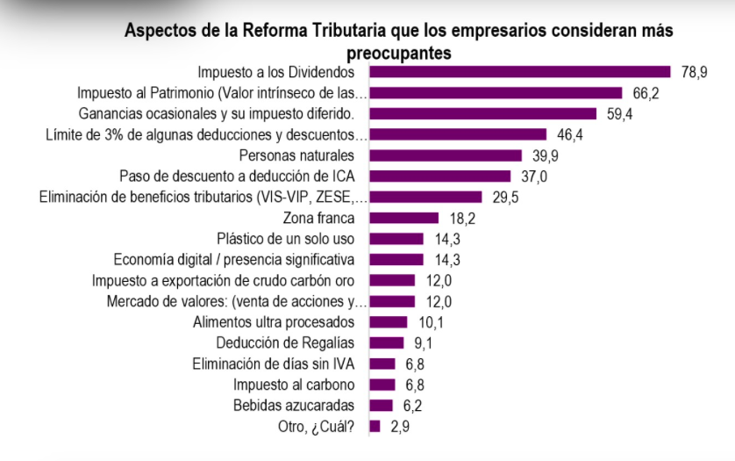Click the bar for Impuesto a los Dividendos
[520, 72]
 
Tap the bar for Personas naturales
[446, 155]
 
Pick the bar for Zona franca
[404, 218]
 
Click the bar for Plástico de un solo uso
[396, 239]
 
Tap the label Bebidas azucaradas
[294, 406]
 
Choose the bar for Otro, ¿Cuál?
[375, 427]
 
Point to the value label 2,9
[399, 427]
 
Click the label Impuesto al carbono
[294, 385]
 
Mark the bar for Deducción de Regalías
[387, 342]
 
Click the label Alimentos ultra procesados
[274, 322]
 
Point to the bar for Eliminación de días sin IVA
[382, 364]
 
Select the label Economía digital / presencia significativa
[234, 259]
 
